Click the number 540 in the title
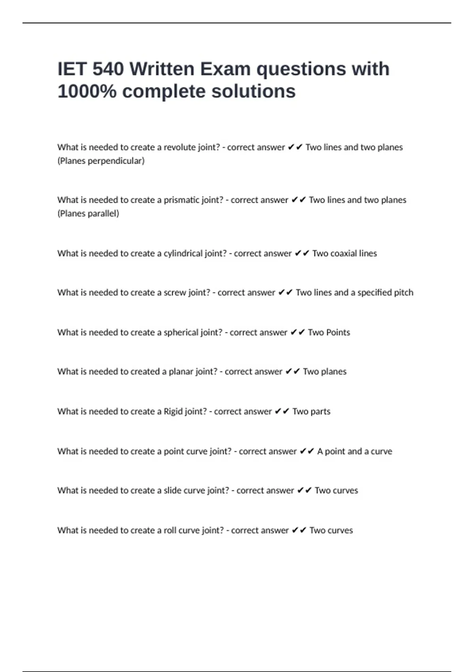pos(108,69)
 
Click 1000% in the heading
pos(87,91)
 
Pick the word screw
pos(175,293)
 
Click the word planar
pos(180,372)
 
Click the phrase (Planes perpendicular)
pos(101,161)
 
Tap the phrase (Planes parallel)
pos(88,213)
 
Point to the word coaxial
pos(343,253)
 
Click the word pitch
pos(404,293)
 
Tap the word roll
pos(170,530)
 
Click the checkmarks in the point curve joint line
pos(307,451)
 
